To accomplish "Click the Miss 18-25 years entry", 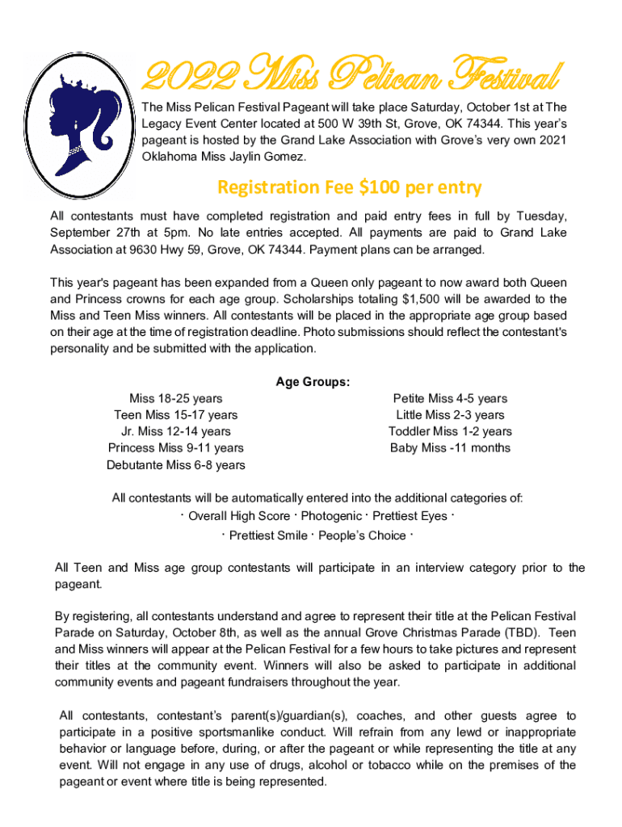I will coord(176,398).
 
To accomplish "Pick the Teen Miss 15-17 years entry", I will coord(176,415).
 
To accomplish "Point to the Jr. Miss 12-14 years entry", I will coord(176,431).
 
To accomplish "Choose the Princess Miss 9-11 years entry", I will coord(176,448).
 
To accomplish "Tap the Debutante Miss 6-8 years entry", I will coord(176,465).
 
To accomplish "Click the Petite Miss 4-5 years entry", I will coord(450,398).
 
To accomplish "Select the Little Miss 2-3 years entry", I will coord(450,415).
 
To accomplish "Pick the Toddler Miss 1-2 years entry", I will coord(450,431).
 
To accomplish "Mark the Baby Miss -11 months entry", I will coord(450,448).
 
